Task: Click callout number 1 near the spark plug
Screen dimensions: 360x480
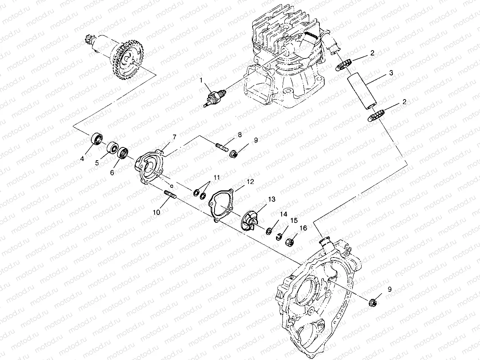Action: pos(201,80)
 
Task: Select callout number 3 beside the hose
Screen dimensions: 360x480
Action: pos(391,73)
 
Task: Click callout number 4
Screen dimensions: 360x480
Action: pos(82,159)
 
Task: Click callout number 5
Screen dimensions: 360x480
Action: pos(97,163)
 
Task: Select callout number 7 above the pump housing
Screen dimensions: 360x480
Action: pos(174,137)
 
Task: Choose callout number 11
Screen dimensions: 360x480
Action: pos(216,177)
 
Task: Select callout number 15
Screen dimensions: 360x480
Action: pos(293,220)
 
